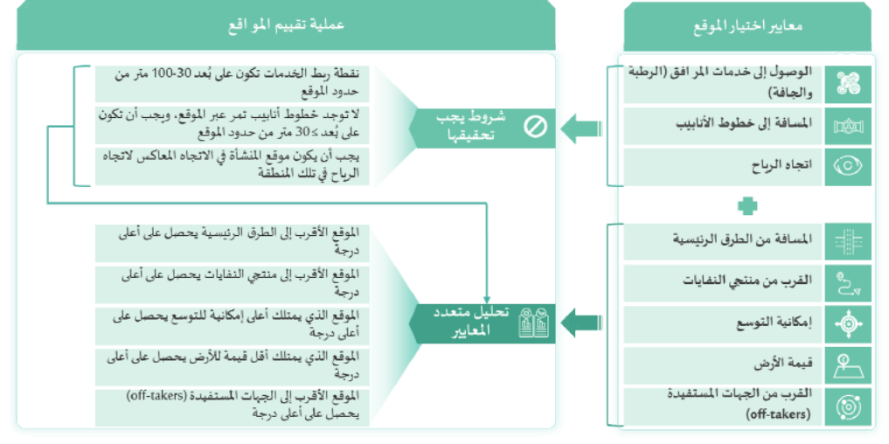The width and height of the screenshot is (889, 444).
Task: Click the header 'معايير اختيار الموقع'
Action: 747,26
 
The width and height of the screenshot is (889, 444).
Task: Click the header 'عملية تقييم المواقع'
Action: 286,25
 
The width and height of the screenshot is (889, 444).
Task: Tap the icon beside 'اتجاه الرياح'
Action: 848,166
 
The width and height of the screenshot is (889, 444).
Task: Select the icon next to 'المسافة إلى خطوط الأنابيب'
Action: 848,126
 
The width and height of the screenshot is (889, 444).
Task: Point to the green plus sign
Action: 747,205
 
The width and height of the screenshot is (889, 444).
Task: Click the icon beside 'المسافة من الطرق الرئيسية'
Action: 848,241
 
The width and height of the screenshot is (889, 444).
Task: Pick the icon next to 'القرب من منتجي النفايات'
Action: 848,282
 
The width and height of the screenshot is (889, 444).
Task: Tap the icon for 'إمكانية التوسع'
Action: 848,323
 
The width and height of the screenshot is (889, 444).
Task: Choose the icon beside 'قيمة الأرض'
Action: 848,365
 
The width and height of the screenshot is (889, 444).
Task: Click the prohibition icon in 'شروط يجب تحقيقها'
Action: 535,127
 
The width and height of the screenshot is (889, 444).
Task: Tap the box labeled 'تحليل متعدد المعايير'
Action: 483,323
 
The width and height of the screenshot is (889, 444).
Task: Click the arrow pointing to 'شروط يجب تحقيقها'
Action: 581,128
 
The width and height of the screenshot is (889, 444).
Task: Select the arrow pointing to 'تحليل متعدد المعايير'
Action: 581,323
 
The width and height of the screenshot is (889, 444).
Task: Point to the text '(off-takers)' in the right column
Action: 779,414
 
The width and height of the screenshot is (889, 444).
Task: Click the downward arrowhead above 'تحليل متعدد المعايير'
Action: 486,299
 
